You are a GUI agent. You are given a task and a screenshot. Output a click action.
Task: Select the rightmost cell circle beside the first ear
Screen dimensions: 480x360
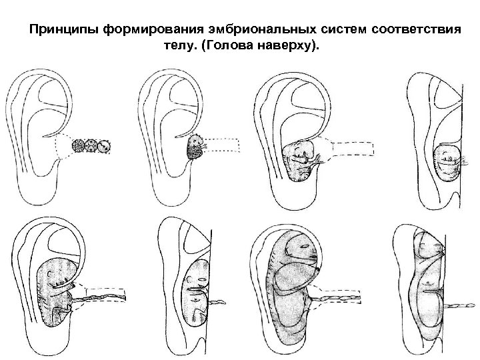(x=103, y=146)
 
